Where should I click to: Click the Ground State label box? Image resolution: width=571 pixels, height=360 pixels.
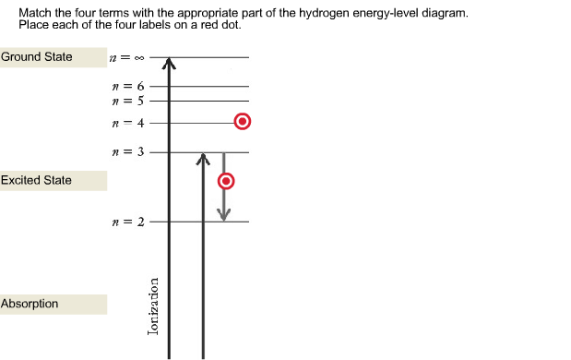[x=53, y=57]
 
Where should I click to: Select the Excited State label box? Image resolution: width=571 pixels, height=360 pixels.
[x=53, y=180]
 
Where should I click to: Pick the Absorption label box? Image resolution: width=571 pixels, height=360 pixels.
[x=53, y=304]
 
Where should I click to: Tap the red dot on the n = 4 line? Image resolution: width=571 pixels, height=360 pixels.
[x=242, y=122]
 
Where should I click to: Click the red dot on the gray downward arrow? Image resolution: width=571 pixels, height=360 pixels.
[x=224, y=181]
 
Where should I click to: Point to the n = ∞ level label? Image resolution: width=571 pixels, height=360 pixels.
[x=126, y=58]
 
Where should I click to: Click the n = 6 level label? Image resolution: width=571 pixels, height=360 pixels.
[x=126, y=86]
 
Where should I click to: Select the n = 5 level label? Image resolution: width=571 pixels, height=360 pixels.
[x=126, y=100]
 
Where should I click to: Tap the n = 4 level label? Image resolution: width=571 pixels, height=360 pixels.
[x=126, y=123]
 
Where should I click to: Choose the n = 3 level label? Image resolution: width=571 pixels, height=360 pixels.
[x=126, y=152]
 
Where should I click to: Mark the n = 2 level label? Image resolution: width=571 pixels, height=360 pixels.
[x=126, y=222]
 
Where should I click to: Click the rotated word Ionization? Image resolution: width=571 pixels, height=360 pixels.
[x=154, y=305]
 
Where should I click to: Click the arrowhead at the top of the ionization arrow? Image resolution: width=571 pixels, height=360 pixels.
[x=169, y=65]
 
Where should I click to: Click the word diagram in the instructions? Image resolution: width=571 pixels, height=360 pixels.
[x=446, y=14]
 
